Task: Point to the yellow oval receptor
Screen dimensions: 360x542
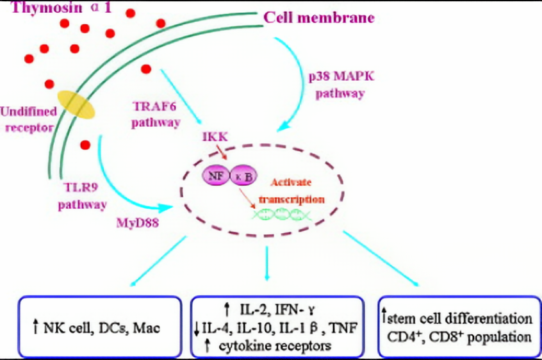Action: (x=76, y=104)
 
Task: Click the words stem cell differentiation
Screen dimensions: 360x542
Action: (x=461, y=318)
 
